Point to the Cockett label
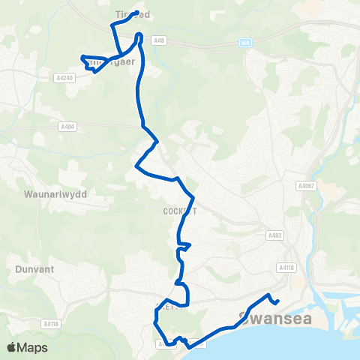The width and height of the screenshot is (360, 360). [x=180, y=211]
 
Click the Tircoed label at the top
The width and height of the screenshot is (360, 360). [x=133, y=15]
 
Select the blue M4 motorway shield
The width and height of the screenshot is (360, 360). [x=245, y=43]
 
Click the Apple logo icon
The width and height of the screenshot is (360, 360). [x=12, y=347]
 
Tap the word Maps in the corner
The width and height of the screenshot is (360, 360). [x=34, y=348]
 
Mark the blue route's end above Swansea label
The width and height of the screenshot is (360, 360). [x=277, y=302]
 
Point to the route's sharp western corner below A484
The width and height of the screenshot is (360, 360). [x=134, y=166]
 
